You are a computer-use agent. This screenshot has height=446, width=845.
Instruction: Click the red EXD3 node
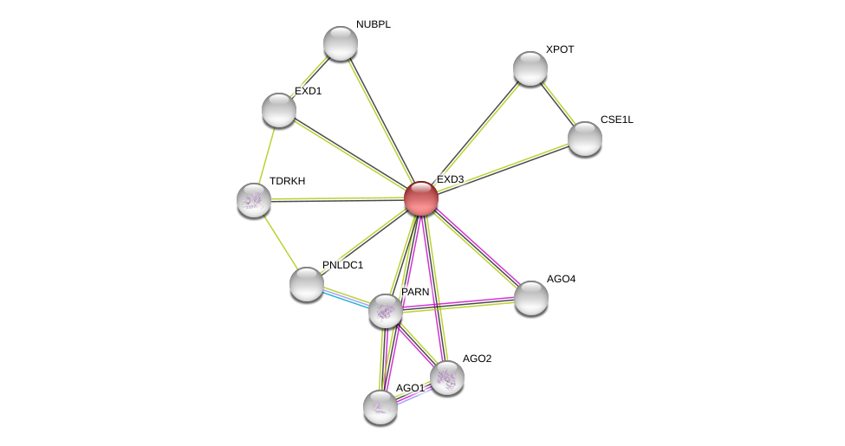pos(421,198)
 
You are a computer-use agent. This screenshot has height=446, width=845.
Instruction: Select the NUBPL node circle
pos(341,43)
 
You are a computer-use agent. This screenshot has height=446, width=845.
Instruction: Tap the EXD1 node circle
pos(279,110)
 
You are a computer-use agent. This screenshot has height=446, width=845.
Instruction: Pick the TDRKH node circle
pos(254,200)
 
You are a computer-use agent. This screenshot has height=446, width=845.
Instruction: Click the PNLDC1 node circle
pos(306,284)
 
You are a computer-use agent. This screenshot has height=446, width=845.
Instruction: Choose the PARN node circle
pos(386,311)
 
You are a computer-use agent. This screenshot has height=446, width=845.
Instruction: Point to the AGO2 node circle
pos(447,378)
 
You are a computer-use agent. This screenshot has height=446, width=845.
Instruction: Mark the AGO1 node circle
pos(380,407)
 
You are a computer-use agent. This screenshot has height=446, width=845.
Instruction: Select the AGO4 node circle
pos(531,298)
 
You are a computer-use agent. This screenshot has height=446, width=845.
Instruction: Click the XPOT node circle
pos(530,68)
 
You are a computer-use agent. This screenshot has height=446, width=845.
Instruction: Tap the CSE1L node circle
pos(585,139)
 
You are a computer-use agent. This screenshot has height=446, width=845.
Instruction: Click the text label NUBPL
pos(373,24)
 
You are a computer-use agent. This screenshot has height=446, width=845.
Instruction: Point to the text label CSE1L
pos(617,120)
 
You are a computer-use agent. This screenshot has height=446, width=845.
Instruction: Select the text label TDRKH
pos(287,181)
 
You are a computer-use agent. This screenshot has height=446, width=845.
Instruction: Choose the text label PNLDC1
pos(342,265)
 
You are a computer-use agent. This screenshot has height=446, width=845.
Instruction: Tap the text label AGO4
pos(561,279)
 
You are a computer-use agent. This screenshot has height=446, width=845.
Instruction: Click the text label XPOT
pos(560,49)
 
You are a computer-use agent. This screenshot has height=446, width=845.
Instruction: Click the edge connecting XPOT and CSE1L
pos(558,104)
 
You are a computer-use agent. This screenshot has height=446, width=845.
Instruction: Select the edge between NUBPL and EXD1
pos(309,77)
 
